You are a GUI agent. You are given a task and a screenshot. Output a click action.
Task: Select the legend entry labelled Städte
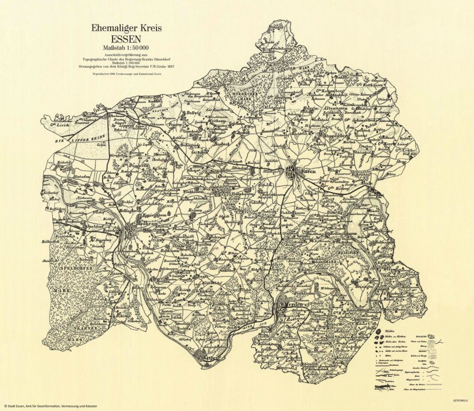pyautogui.click(x=392, y=331)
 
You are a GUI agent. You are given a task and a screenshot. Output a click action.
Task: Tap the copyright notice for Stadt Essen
pyautogui.click(x=51, y=405)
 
